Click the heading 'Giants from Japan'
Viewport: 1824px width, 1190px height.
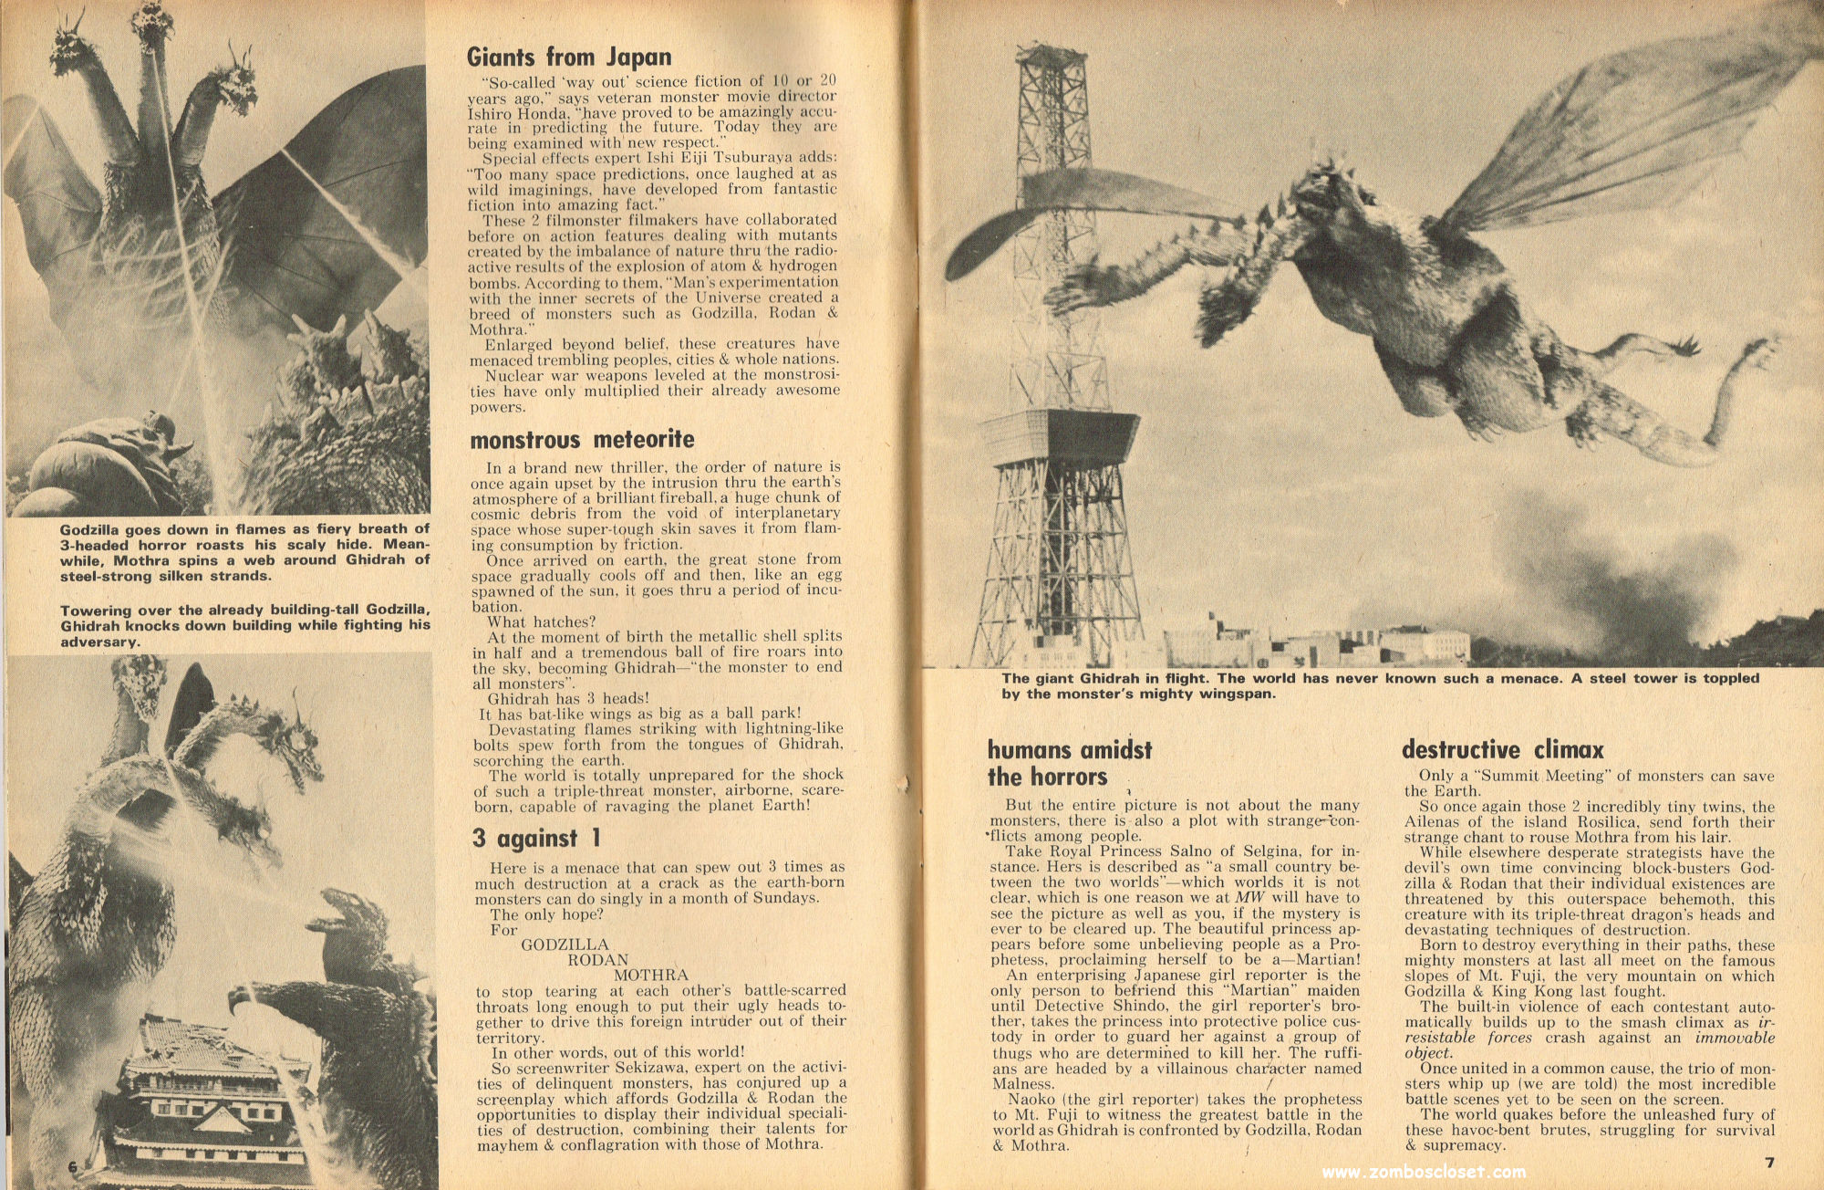tap(569, 57)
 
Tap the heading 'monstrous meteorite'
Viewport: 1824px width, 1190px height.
tap(582, 440)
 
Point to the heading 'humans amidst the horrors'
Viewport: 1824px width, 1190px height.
tap(1069, 763)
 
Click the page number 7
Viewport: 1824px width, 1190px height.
tap(1769, 1163)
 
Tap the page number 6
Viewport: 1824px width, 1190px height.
tap(73, 1167)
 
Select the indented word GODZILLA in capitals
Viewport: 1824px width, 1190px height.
tap(565, 945)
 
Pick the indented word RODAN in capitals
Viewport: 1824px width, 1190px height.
tap(598, 960)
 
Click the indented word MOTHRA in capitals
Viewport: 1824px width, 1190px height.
tap(651, 976)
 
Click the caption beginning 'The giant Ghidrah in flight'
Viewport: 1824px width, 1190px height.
tap(1379, 685)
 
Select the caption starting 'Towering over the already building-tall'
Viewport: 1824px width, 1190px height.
tap(244, 626)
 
